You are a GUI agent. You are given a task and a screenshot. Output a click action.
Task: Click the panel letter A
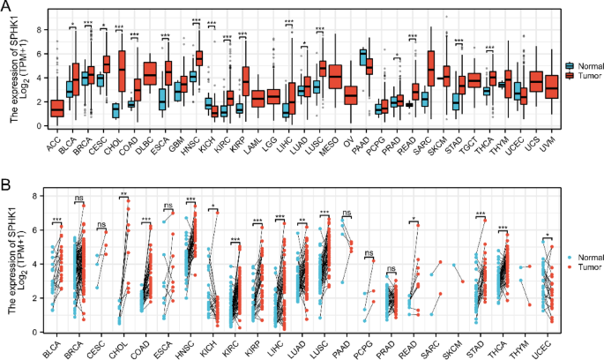tap(7, 7)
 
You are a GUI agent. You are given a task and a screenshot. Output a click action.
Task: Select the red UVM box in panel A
tap(552, 87)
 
